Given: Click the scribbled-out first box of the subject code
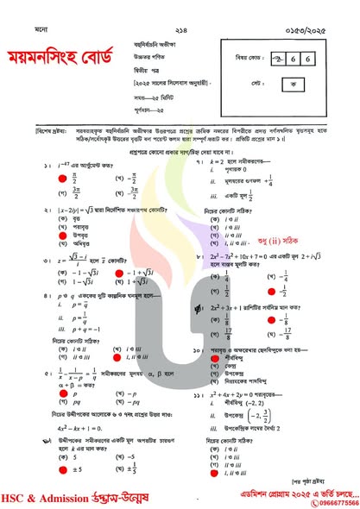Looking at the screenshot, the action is (x=278, y=58).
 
